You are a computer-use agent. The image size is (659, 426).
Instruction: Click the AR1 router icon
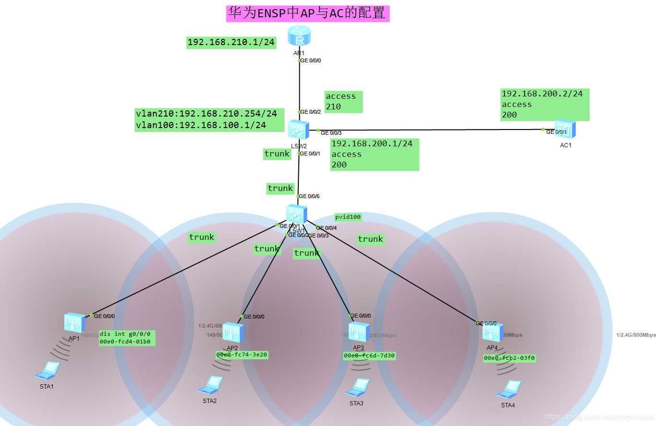click(299, 36)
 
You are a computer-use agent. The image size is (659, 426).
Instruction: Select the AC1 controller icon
click(565, 129)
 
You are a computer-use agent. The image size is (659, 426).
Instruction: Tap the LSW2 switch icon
click(298, 130)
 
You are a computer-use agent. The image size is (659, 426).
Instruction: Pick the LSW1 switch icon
click(296, 214)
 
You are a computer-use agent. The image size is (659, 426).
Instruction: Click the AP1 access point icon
click(74, 323)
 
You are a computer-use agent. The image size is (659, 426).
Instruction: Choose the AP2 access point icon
click(233, 333)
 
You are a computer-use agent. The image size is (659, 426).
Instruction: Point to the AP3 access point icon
click(359, 332)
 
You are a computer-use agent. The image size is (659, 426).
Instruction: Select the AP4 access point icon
click(493, 332)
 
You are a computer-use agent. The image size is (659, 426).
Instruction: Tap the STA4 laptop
click(509, 390)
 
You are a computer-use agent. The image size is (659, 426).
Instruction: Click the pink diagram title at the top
click(307, 13)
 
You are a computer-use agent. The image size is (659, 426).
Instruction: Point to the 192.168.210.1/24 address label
click(231, 42)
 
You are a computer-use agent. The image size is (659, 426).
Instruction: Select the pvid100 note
click(348, 217)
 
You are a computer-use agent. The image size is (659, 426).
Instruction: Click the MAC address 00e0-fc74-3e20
click(242, 355)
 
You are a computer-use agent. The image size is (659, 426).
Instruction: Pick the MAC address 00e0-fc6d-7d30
click(369, 356)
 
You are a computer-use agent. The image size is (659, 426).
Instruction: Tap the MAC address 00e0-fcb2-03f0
click(509, 358)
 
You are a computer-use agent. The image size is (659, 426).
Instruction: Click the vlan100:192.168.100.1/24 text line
click(200, 125)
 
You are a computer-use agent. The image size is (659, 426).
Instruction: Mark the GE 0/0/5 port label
click(309, 196)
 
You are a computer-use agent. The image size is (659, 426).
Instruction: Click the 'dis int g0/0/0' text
click(125, 334)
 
